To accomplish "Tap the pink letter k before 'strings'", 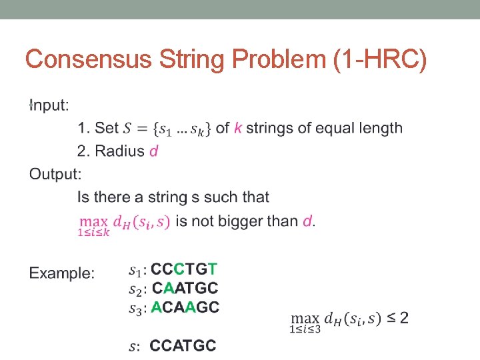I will pyautogui.click(x=238, y=128).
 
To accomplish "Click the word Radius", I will pyautogui.click(x=120, y=151).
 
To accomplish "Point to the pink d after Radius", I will pyautogui.click(x=154, y=151).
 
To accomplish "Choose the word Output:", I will pyautogui.click(x=55, y=174).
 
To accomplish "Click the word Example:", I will pyautogui.click(x=62, y=273).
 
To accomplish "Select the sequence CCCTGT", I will pyautogui.click(x=184, y=269).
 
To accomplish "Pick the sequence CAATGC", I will pyautogui.click(x=185, y=288).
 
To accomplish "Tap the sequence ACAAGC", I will pyautogui.click(x=185, y=307).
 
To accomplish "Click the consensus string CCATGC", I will pyautogui.click(x=183, y=345).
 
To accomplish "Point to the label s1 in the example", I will pyautogui.click(x=135, y=271).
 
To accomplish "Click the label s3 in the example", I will pyautogui.click(x=135, y=308).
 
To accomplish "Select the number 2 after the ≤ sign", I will pyautogui.click(x=404, y=318).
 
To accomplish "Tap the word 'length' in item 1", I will pyautogui.click(x=381, y=128).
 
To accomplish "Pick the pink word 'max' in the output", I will pyautogui.click(x=93, y=220).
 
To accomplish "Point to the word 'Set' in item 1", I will pyautogui.click(x=107, y=128).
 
